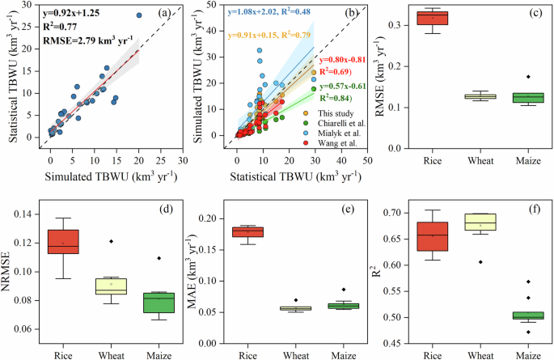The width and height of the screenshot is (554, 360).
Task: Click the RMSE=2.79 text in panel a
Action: tap(72, 40)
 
